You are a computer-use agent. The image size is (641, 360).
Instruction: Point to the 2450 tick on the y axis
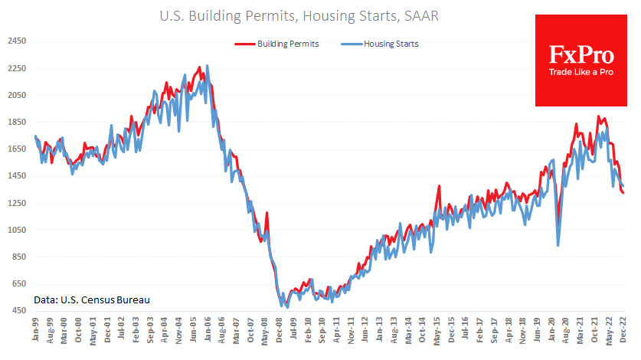coord(16,41)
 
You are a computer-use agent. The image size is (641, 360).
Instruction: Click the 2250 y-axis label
coord(16,68)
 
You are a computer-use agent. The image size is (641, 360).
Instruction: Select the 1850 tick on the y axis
coord(16,122)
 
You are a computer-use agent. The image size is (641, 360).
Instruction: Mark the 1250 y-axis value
coord(16,203)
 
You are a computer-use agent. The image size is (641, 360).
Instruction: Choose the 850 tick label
coord(16,257)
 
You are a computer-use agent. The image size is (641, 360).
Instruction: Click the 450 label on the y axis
coord(16,310)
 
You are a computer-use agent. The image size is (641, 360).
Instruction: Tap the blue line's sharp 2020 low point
coord(558,245)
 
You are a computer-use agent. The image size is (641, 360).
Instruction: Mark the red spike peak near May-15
coord(440,185)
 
